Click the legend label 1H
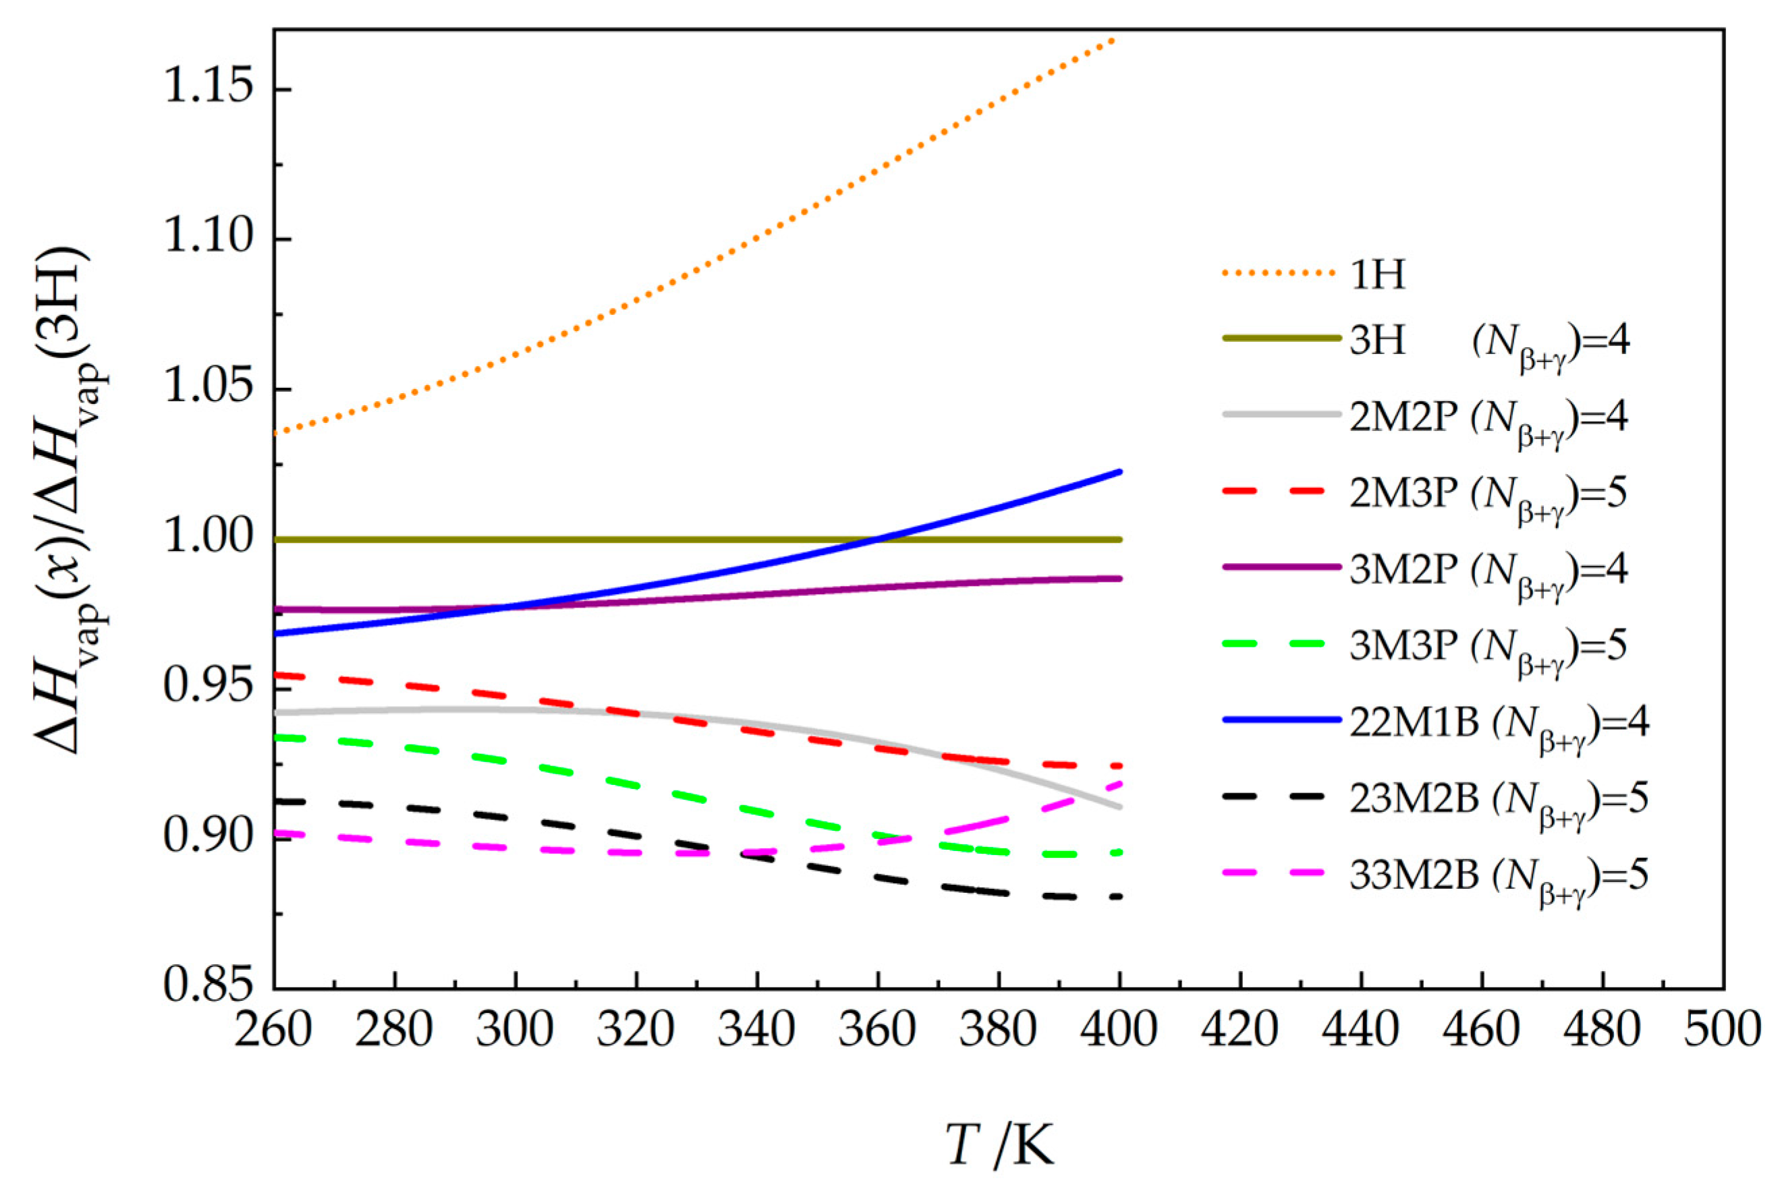coord(1377,274)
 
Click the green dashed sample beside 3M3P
coord(1281,645)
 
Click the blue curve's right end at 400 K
coord(1118,472)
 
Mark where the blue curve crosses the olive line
coord(877,540)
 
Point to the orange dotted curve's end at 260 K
coord(276,433)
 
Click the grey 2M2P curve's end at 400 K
coord(1118,807)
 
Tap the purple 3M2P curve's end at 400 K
coord(1118,579)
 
